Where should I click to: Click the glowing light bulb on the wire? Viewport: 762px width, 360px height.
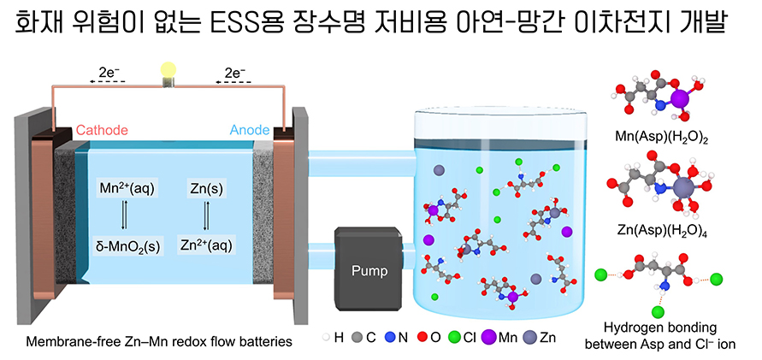coord(168,71)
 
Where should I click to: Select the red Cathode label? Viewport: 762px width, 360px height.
coord(102,131)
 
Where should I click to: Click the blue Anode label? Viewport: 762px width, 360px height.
coord(250,131)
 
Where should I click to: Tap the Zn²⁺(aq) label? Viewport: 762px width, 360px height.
coord(206,246)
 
